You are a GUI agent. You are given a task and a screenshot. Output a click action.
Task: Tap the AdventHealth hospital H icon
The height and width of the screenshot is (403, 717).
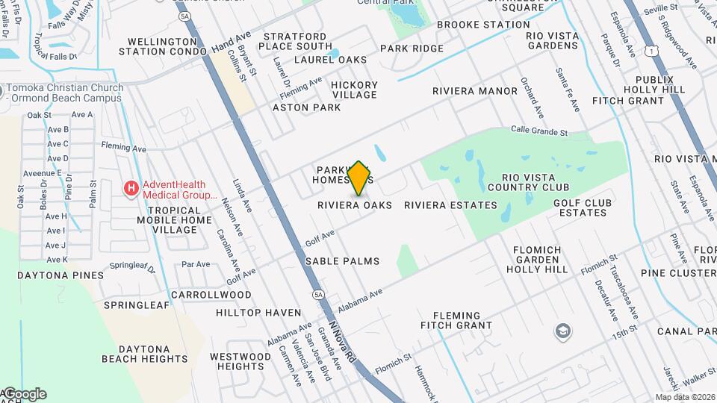coord(131,187)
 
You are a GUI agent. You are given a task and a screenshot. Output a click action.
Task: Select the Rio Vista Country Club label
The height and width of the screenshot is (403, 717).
coord(536,182)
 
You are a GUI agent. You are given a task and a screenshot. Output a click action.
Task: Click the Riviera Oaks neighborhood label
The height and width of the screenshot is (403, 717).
coord(355,205)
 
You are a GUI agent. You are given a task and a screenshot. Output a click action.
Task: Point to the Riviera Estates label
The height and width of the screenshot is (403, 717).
coord(450,205)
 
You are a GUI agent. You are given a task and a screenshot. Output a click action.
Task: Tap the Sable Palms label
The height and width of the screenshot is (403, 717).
coord(342,261)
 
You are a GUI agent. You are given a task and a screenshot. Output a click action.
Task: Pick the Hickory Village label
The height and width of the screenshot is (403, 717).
coord(354,90)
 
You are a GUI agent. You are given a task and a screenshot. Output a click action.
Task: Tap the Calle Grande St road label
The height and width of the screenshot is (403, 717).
coord(539,131)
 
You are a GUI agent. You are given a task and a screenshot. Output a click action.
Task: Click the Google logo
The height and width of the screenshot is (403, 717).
coord(25,394)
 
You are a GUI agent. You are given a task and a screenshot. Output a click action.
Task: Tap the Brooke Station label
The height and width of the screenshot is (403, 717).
coord(483,25)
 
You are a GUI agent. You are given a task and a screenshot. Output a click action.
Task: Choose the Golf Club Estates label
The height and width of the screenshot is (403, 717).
coord(583,207)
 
